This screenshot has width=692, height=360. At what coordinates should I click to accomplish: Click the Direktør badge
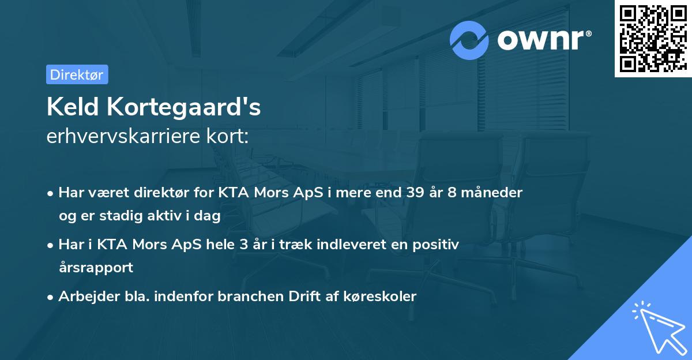(77, 74)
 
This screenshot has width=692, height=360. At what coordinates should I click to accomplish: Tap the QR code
(652, 38)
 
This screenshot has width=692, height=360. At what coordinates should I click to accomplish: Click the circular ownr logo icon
(470, 40)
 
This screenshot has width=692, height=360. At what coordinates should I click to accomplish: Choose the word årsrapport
(96, 268)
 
